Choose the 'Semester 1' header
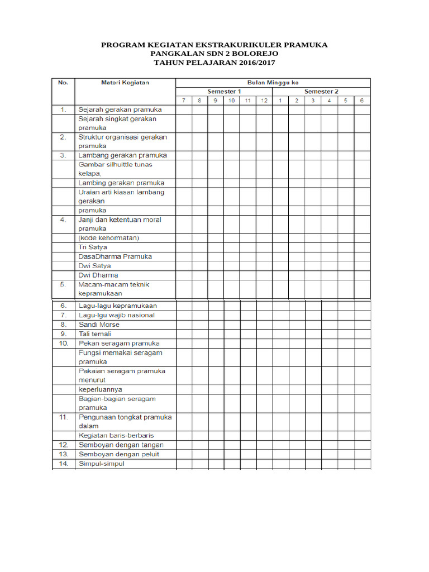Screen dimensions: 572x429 click(224, 92)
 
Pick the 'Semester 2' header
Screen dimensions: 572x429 click(321, 92)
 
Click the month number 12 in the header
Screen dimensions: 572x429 click(264, 101)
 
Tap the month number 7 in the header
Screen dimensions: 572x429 click(183, 101)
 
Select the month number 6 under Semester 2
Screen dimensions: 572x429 click(362, 101)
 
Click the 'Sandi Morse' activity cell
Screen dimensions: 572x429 click(99, 325)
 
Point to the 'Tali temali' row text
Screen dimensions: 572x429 click(95, 334)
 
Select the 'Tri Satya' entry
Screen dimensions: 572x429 click(93, 247)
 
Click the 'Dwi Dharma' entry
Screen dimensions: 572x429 click(98, 275)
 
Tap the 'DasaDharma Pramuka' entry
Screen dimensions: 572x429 click(115, 256)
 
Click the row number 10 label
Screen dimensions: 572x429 click(63, 343)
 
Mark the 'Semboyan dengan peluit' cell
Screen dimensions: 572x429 click(119, 454)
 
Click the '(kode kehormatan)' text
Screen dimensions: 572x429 click(108, 238)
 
